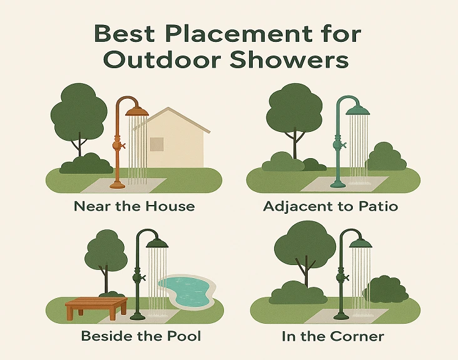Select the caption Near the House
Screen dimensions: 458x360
tap(134, 206)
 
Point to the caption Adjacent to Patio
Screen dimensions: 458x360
tap(330, 206)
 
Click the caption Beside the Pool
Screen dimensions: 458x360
tap(141, 336)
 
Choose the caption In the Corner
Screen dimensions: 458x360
tap(333, 336)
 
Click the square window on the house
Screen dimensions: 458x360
tap(157, 144)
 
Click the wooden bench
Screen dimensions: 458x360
tap(96, 308)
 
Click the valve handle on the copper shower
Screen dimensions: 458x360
tap(123, 145)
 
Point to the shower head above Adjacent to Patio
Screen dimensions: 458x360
tap(358, 111)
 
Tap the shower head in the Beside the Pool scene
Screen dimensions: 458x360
tap(158, 244)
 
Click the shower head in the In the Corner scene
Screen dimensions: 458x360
tap(361, 244)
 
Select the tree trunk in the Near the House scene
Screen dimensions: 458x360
tap(80, 145)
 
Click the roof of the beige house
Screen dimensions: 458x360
tap(172, 119)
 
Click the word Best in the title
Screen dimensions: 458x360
tap(125, 34)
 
